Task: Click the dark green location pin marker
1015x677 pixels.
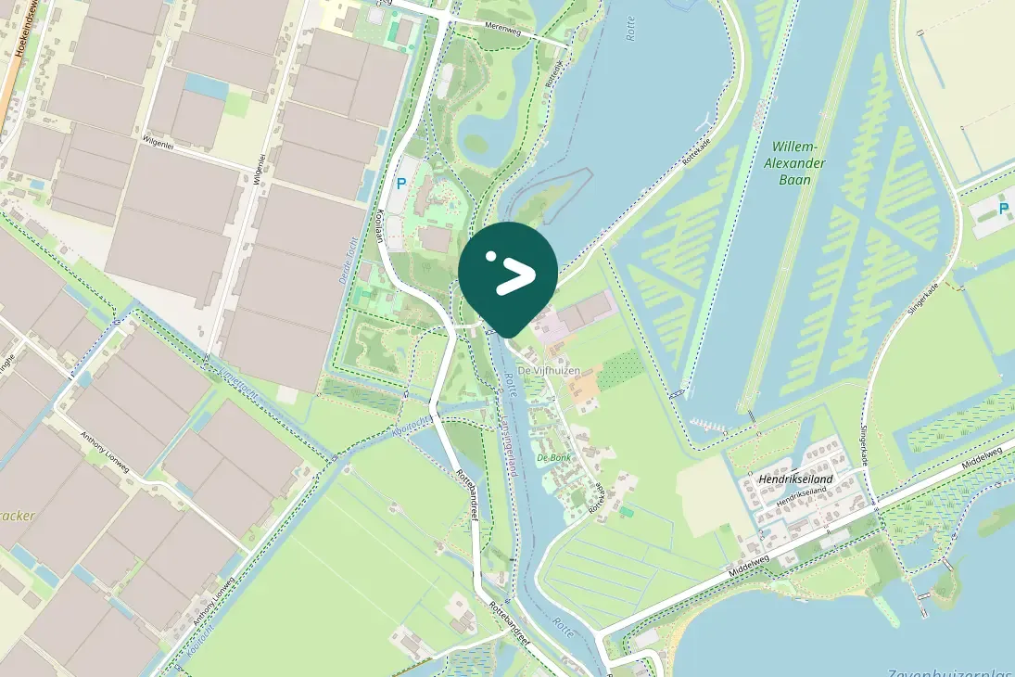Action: point(508,275)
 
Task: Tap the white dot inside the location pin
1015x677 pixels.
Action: point(491,256)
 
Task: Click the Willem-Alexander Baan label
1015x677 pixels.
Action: point(796,162)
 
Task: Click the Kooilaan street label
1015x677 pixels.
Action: point(379,224)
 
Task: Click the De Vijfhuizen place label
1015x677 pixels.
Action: point(549,371)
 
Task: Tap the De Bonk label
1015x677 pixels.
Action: point(554,457)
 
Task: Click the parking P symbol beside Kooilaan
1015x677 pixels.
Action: point(401,184)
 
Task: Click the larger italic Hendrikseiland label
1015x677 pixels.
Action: point(795,479)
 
